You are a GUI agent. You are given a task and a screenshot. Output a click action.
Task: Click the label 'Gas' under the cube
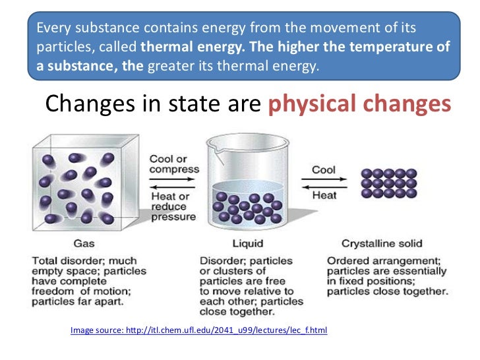[x=84, y=243]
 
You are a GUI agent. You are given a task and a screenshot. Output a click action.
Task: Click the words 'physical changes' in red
[x=361, y=104]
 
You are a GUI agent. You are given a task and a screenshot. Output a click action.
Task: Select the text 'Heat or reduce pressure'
[x=173, y=206]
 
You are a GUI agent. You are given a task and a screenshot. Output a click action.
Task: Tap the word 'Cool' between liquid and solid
[x=324, y=169]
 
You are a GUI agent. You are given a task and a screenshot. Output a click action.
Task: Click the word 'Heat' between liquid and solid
[x=324, y=195]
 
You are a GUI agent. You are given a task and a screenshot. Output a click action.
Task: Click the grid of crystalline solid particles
[x=389, y=183]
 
